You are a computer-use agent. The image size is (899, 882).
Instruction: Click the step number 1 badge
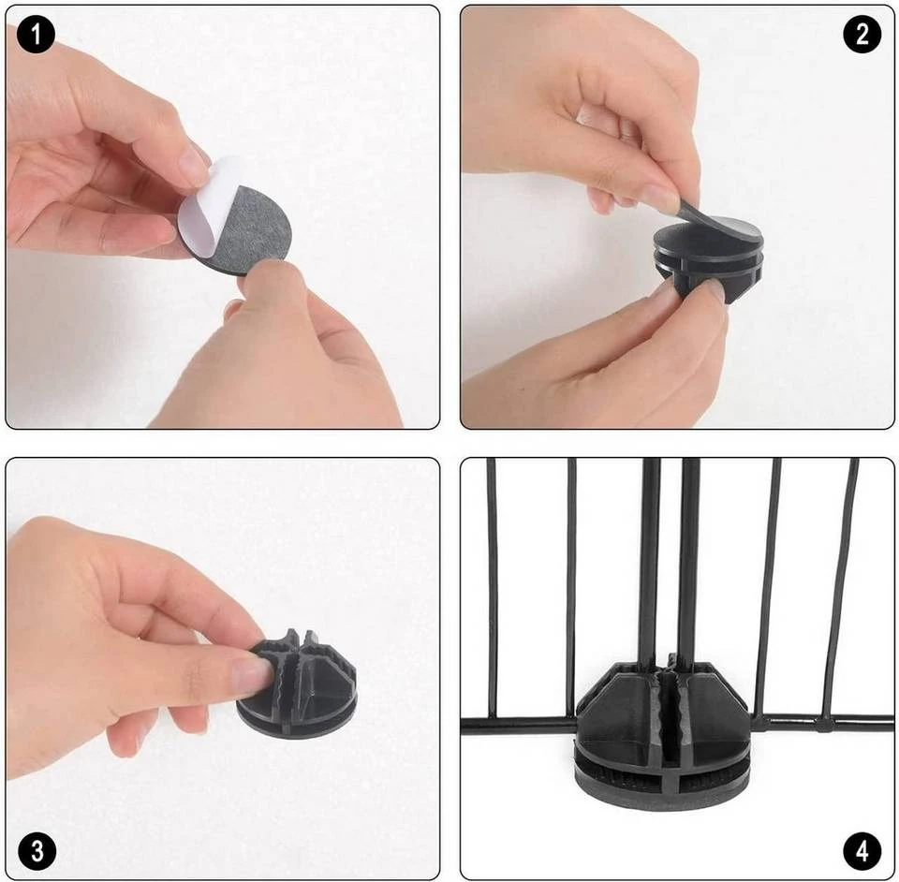tap(36, 35)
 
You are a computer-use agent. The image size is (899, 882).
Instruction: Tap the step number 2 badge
tap(862, 35)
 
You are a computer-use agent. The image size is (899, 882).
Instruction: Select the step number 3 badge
tap(37, 851)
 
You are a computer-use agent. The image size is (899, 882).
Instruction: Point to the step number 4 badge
tap(862, 851)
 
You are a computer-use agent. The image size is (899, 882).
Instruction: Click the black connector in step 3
tap(297, 684)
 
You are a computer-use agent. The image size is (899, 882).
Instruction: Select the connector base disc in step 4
tap(662, 779)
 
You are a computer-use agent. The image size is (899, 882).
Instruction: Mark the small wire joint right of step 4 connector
tap(824, 725)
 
